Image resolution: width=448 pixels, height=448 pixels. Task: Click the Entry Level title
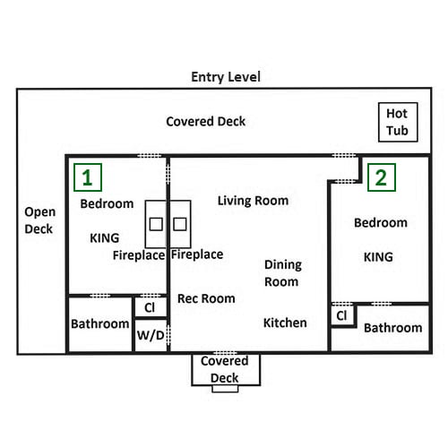[226, 77]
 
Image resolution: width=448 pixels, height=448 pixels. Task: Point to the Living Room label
[253, 201]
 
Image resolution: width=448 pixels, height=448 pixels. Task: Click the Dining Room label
[283, 273]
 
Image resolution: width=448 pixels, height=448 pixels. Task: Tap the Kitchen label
[285, 323]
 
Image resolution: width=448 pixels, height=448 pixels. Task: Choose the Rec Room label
[206, 298]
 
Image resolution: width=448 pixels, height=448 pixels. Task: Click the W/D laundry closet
[151, 335]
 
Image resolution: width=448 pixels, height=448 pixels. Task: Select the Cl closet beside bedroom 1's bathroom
[151, 307]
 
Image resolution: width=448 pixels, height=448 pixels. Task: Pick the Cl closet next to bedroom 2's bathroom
[342, 315]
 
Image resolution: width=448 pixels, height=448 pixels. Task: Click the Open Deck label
[39, 220]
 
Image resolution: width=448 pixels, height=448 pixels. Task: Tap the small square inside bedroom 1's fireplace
[156, 224]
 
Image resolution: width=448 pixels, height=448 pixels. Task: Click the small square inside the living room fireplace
[180, 224]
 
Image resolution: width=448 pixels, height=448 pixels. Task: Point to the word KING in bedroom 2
[378, 257]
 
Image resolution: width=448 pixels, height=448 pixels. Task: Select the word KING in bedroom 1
[105, 238]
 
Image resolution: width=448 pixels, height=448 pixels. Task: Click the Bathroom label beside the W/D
[99, 323]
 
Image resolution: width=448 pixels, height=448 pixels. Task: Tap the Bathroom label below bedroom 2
[393, 328]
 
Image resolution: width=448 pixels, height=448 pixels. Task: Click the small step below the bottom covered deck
[225, 389]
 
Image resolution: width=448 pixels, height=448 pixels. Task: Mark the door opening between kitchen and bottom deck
[226, 353]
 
